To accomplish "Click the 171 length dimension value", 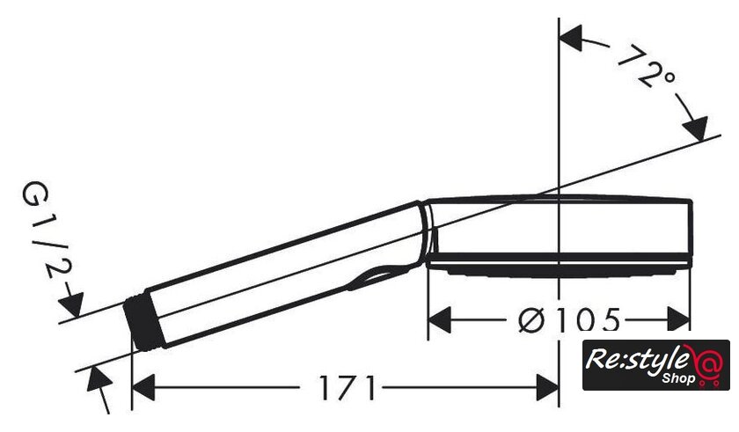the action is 348,388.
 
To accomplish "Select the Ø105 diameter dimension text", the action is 569,320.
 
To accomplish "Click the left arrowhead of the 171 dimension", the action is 143,388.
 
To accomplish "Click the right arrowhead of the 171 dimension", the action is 547,388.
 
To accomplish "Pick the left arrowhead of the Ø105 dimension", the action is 440,320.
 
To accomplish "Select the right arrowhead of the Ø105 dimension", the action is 678,320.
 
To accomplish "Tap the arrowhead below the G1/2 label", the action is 71,304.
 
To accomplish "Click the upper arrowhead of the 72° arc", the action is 570,39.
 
